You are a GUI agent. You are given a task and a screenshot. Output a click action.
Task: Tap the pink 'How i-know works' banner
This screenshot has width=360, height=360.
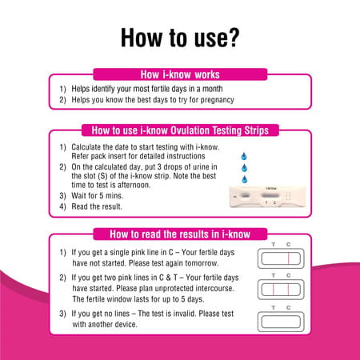pyautogui.click(x=179, y=74)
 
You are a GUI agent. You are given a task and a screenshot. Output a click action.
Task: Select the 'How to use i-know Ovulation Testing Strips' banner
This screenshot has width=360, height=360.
pyautogui.click(x=179, y=130)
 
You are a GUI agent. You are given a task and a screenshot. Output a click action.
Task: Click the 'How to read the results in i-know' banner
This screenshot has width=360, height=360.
pyautogui.click(x=179, y=234)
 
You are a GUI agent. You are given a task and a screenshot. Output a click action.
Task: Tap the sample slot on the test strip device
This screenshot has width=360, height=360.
pyautogui.click(x=242, y=195)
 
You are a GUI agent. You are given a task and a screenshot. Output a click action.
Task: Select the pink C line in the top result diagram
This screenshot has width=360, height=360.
pyautogui.click(x=287, y=258)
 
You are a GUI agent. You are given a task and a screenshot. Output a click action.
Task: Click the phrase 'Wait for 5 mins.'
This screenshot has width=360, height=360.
pyautogui.click(x=100, y=194)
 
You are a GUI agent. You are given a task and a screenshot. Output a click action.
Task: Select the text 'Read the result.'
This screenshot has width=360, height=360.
pyautogui.click(x=98, y=206)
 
